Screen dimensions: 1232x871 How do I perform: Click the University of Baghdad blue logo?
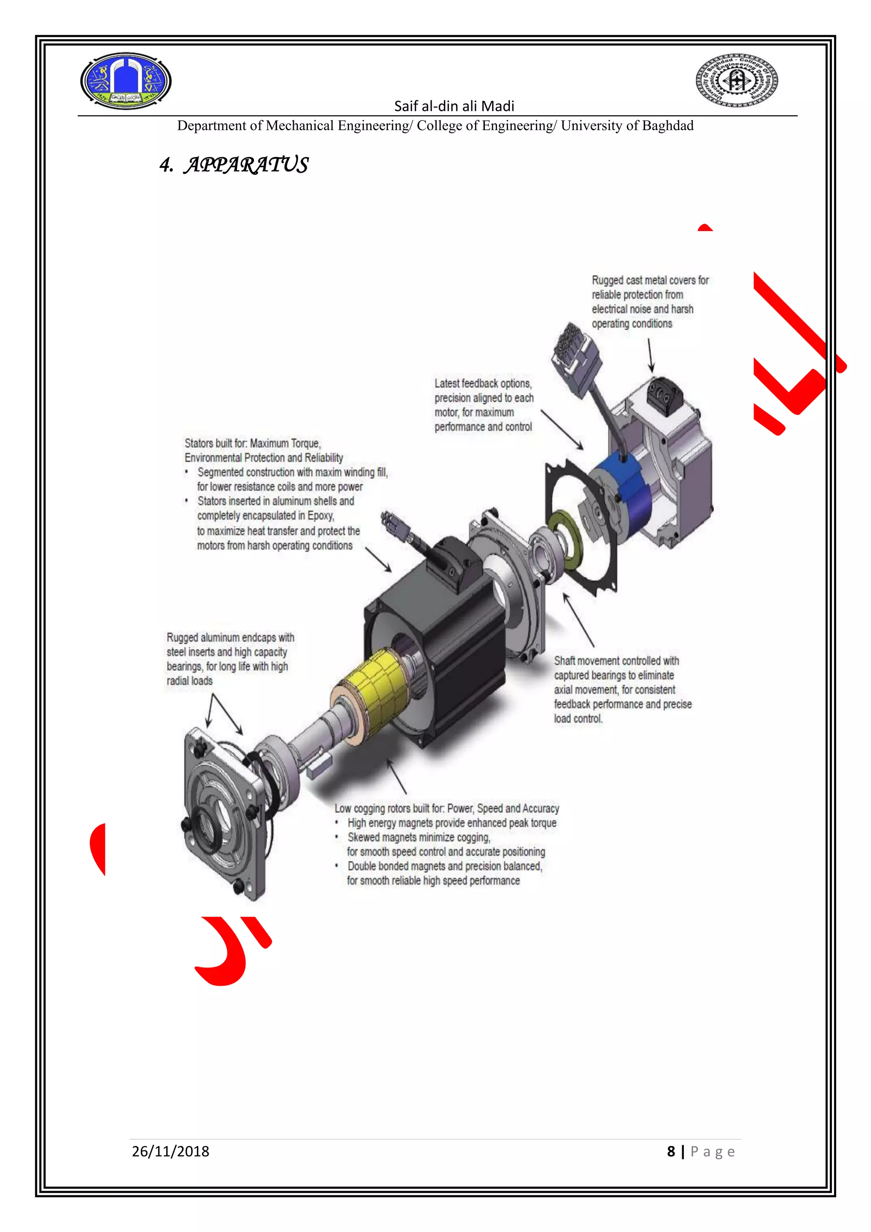pyautogui.click(x=125, y=81)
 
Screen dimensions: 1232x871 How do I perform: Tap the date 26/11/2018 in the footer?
pyautogui.click(x=170, y=1152)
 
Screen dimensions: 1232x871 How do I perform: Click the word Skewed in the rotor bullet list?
pyautogui.click(x=365, y=838)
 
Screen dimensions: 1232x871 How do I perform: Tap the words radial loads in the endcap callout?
pyautogui.click(x=189, y=681)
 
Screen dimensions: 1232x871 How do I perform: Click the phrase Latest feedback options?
pyautogui.click(x=483, y=384)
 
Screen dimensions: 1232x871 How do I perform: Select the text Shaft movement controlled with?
pyautogui.click(x=616, y=661)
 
